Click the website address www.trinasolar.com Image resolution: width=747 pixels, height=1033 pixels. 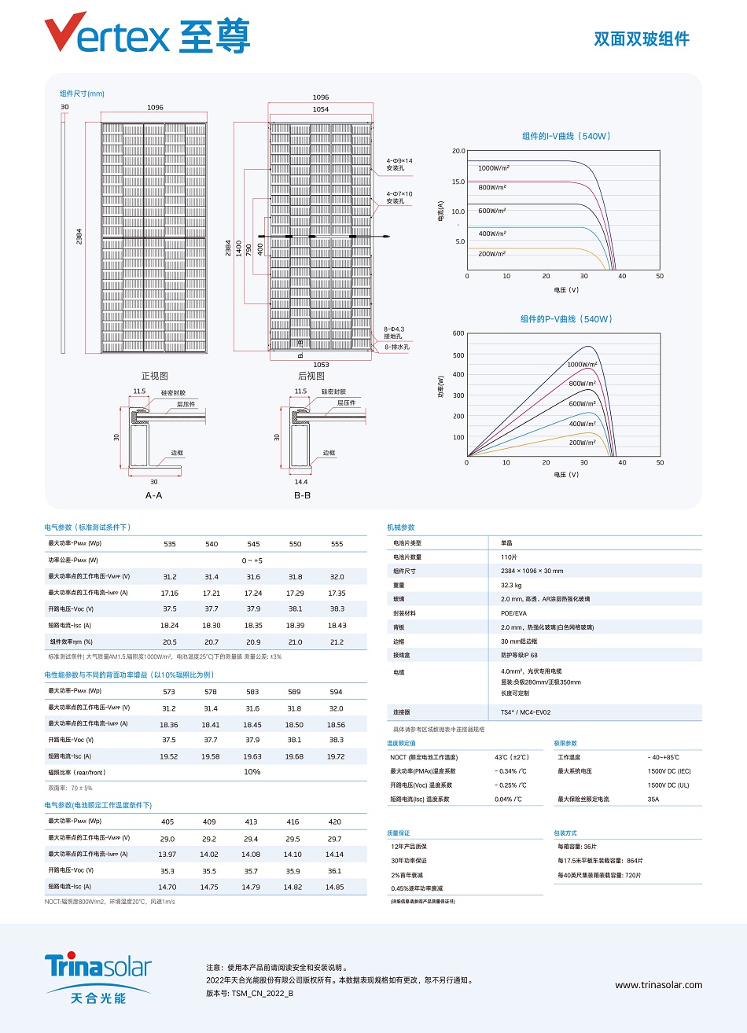pos(658,985)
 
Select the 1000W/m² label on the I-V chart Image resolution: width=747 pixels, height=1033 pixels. pos(494,168)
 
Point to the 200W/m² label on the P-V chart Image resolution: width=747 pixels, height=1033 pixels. pos(583,443)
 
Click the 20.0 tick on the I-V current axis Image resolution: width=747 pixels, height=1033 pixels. pos(458,151)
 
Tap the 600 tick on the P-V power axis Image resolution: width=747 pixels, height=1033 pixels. pos(458,333)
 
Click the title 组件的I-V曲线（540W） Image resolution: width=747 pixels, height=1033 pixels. pos(566,136)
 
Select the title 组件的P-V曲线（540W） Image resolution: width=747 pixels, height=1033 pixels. pos(566,319)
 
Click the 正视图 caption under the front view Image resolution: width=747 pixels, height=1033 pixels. pos(154,376)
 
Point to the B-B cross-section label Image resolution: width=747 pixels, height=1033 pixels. pos(302,495)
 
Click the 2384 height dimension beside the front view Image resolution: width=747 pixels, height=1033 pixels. pos(79,236)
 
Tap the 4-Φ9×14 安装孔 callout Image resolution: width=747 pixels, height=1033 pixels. pos(399,164)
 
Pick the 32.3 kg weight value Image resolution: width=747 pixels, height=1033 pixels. pos(511,585)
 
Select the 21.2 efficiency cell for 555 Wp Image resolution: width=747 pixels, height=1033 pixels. pos(337,642)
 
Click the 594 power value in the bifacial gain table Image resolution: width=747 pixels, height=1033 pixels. pos(336,692)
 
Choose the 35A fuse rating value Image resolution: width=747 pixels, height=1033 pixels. pos(653,800)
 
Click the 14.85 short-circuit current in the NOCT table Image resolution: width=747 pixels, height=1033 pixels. pos(334,887)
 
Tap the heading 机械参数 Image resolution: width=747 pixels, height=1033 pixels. pos(401,528)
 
